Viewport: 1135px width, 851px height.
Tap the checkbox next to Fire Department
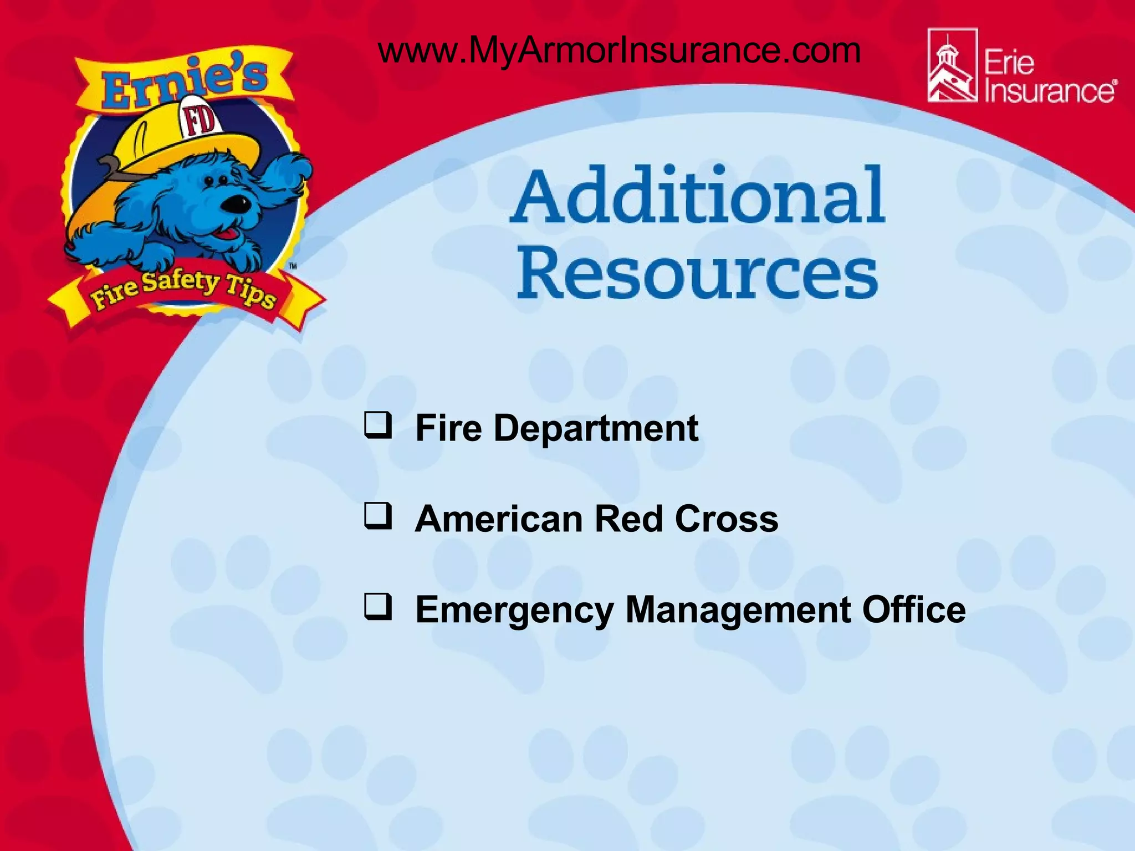(378, 425)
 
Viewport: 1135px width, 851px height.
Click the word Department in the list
(596, 428)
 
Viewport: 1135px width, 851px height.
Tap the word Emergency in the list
(514, 611)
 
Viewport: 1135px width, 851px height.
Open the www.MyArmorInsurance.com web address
(619, 50)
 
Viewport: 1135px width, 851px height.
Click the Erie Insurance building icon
(952, 66)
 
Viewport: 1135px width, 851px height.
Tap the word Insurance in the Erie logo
(1049, 91)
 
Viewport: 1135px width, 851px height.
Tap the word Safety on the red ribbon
(181, 283)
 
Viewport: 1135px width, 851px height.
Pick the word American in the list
(499, 519)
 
